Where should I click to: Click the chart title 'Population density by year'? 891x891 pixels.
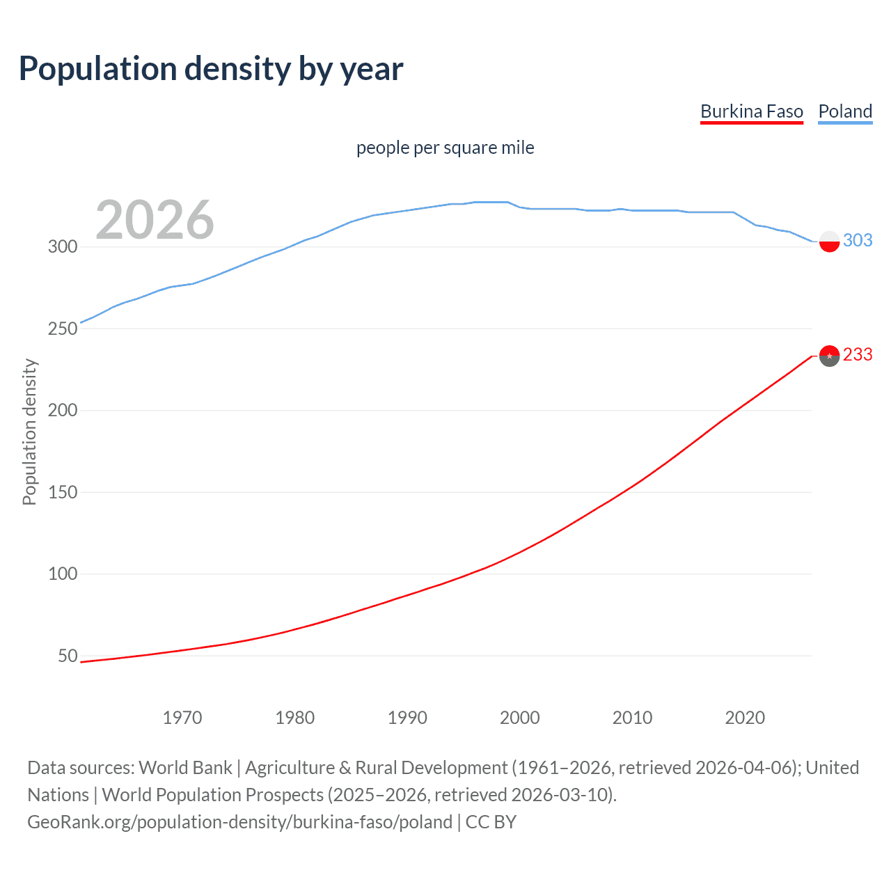211,69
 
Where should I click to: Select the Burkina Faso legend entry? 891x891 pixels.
751,111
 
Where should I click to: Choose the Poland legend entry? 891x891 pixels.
845,111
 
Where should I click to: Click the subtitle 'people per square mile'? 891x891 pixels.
445,148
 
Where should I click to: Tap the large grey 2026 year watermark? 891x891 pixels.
155,220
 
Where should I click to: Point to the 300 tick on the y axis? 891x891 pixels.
63,246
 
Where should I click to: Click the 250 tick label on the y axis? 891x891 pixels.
63,329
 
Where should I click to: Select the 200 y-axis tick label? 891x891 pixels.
63,410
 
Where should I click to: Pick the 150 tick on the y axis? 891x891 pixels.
63,492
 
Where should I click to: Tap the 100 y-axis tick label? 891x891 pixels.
63,574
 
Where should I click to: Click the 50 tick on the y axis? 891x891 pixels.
68,656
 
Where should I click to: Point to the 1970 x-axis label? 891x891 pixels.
182,718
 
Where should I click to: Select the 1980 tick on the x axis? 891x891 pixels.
294,718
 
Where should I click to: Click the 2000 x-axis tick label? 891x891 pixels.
520,718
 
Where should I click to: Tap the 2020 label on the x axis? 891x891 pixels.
745,718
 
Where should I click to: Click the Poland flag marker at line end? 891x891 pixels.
829,242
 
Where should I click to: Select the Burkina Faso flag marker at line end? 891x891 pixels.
829,356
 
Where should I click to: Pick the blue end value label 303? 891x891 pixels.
858,240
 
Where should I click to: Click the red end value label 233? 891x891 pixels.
858,355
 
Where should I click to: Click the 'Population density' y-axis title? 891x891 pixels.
29,432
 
